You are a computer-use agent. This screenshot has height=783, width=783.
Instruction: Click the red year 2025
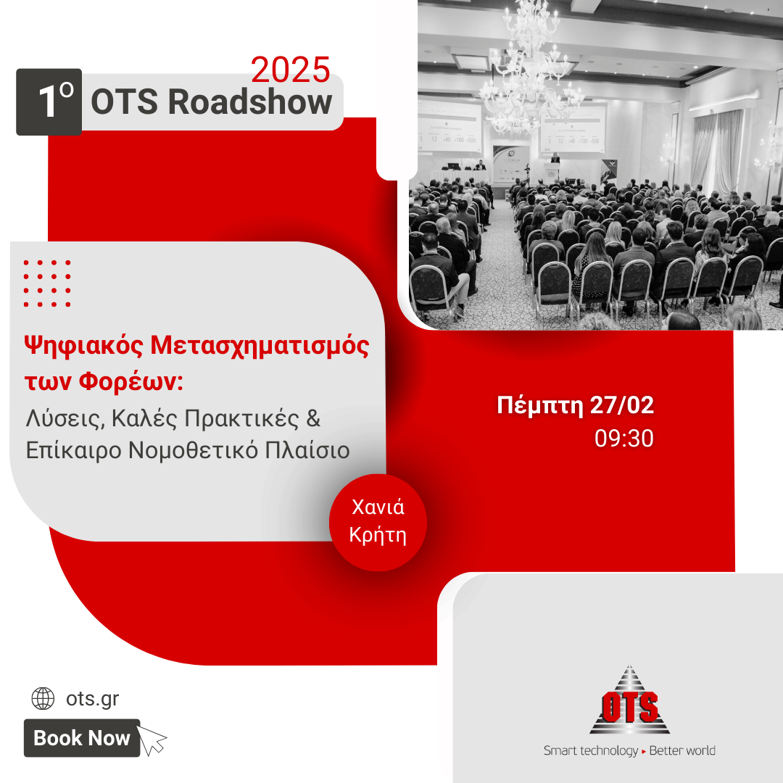point(290,70)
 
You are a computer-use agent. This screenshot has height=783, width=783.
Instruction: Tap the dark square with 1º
point(49,102)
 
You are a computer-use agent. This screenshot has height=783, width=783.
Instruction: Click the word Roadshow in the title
point(250,102)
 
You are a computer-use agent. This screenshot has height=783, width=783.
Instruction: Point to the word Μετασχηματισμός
point(260,346)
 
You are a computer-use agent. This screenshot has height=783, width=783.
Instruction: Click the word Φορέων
point(130,381)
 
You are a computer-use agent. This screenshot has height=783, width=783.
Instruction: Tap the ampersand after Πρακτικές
point(313,418)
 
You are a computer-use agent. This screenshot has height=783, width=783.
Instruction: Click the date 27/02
point(622,405)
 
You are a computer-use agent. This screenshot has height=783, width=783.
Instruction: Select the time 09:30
point(623,438)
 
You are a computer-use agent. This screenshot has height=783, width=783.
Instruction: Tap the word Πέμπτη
point(540,405)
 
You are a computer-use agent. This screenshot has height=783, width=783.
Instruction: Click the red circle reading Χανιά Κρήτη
point(378,522)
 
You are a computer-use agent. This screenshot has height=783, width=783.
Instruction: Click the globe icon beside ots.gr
point(43,698)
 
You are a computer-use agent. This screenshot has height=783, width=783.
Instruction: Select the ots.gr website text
point(92,699)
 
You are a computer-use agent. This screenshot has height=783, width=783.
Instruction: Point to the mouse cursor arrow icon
point(152,739)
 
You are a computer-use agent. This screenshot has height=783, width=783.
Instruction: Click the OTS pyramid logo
point(629,700)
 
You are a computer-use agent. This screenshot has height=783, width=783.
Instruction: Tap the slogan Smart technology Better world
point(629,750)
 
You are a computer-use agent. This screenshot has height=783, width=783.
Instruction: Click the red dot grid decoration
point(47,283)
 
